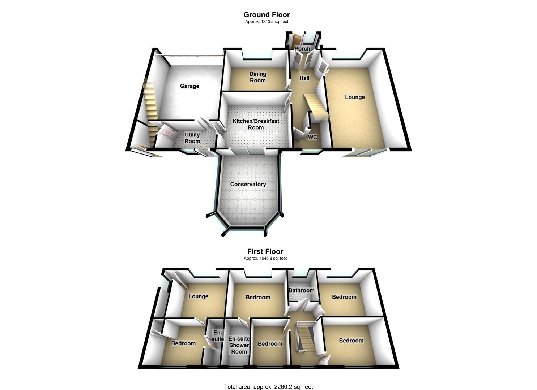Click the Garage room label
coord(189,86)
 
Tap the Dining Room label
coord(257,77)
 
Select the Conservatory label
coord(248,184)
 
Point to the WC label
coord(312,137)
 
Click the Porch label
coord(302,49)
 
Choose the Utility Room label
coord(192,138)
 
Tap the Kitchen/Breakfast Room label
coord(256,124)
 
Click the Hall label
coord(304,78)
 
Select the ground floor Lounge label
coord(355,97)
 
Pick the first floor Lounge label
coord(198,296)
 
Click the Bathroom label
coord(301,290)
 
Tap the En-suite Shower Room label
coord(239,345)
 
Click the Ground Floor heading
coord(267,14)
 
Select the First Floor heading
coord(265,251)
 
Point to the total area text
coord(268,387)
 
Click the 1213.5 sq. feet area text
coord(267,22)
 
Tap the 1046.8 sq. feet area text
coord(265,259)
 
